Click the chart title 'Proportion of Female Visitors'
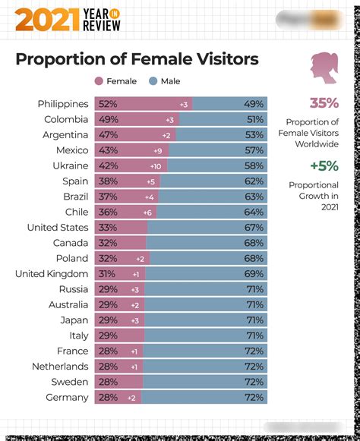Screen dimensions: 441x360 pyautogui.click(x=137, y=59)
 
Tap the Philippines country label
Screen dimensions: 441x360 pyautogui.click(x=63, y=104)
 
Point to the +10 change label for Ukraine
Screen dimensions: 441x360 pyautogui.click(x=156, y=166)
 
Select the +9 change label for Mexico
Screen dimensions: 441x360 pyautogui.click(x=157, y=150)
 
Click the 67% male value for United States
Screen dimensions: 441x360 pyautogui.click(x=254, y=228)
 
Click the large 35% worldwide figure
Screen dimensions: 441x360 pyautogui.click(x=324, y=103)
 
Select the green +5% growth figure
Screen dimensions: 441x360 pyautogui.click(x=324, y=165)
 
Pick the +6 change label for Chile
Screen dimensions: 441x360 pyautogui.click(x=148, y=213)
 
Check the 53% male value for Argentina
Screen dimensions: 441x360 pyautogui.click(x=254, y=135)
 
